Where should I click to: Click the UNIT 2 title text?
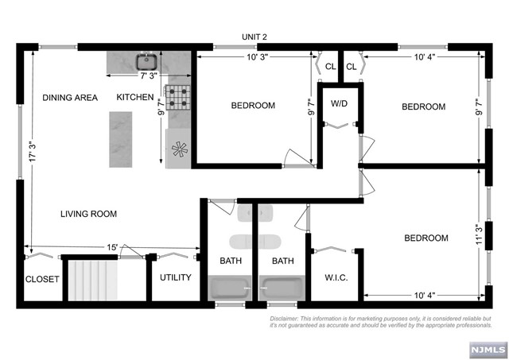click(x=254, y=37)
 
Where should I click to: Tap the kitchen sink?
click(x=146, y=62)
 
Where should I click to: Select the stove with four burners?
click(x=177, y=97)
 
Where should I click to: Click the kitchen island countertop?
click(x=120, y=139)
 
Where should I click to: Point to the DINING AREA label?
click(x=70, y=98)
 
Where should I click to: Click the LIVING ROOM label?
click(x=88, y=214)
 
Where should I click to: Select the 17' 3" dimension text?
click(x=33, y=152)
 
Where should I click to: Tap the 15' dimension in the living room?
click(x=112, y=247)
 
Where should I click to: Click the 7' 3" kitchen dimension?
click(x=149, y=75)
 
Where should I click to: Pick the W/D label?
click(x=339, y=103)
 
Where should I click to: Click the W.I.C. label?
click(x=336, y=277)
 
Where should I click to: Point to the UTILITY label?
click(x=175, y=277)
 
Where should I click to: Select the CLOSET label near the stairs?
click(x=42, y=279)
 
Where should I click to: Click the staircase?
click(x=92, y=281)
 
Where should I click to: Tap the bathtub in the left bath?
click(x=230, y=288)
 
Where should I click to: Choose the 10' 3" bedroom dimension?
click(x=257, y=57)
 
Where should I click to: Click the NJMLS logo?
click(x=488, y=350)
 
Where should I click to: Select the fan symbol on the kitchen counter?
click(x=180, y=149)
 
